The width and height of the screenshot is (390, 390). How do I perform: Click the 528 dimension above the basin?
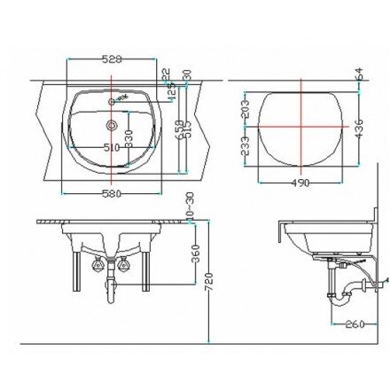pos(112,58)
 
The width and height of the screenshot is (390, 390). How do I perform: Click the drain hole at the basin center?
pos(113,126)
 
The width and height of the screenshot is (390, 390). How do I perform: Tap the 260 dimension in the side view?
pos(355,324)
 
